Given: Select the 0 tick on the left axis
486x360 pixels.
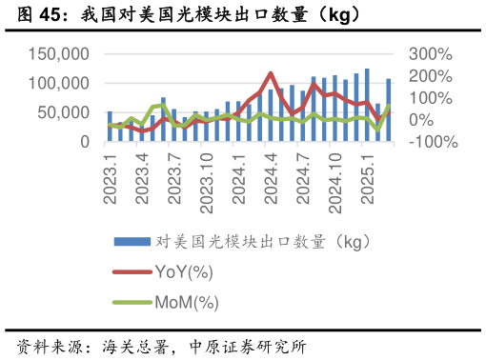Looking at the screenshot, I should (x=85, y=142).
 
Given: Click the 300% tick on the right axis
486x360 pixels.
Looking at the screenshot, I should (x=430, y=54).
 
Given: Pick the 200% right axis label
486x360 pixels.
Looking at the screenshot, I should (x=430, y=76).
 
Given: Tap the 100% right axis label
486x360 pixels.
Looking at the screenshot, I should (x=430, y=98).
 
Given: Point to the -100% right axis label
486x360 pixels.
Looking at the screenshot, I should (x=434, y=142).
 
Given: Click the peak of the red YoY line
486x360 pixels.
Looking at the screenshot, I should (x=271, y=73).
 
